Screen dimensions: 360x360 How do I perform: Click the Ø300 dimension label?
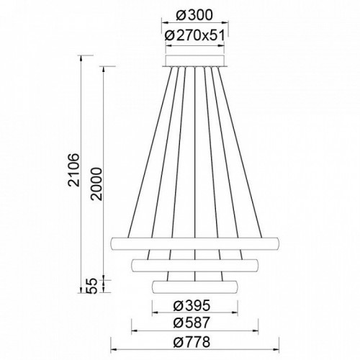click(x=194, y=15)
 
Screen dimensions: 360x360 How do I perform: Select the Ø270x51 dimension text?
click(x=195, y=36)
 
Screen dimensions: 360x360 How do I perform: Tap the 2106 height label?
click(x=73, y=170)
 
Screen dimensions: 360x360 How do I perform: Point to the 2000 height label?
click(x=96, y=184)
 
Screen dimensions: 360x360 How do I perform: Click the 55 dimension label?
click(x=91, y=286)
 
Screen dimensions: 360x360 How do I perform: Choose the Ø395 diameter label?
click(x=192, y=305)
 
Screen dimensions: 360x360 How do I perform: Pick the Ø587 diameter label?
click(x=192, y=323)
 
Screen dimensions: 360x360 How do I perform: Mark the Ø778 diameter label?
click(x=192, y=342)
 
